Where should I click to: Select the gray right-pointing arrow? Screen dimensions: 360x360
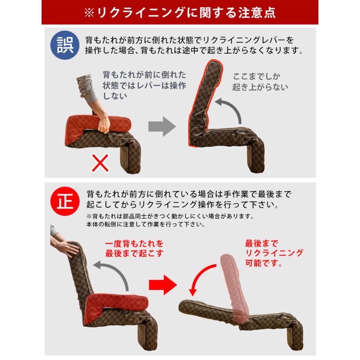pos(162,127)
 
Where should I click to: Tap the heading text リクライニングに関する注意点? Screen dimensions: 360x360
pos(180,12)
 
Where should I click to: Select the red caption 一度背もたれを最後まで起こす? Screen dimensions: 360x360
pos(134,248)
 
